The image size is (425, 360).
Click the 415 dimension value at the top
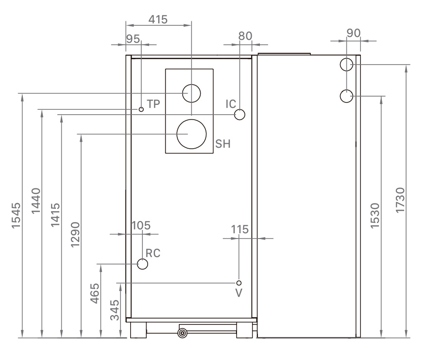pos(158,20)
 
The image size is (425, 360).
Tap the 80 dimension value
pos(246,36)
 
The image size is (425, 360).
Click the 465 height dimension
pos(95,293)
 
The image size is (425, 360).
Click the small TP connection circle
pos(141,109)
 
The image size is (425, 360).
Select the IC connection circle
pos(239,115)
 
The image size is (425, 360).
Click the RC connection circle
pos(142,264)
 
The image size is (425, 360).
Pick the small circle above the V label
pos(238,283)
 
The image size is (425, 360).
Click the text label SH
pos(222,144)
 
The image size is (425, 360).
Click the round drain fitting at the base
pos(182,333)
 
